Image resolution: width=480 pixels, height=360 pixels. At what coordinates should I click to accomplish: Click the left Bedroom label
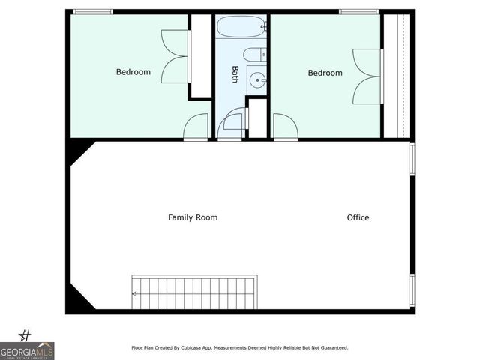coord(133,72)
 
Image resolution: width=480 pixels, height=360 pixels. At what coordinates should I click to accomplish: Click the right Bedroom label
coord(325,73)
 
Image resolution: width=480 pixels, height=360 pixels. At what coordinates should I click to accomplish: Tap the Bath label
coord(235,73)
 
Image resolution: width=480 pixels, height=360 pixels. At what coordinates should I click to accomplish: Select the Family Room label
coord(193,217)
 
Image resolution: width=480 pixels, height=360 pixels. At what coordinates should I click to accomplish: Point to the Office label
coord(358,217)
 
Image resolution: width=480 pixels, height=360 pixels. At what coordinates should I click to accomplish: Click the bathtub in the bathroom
coord(241,27)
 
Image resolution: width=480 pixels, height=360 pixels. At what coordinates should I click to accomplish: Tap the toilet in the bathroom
coord(254,54)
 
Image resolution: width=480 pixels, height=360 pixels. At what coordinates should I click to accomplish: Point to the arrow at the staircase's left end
coord(135,294)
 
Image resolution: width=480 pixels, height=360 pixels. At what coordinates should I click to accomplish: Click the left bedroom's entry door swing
coord(196,127)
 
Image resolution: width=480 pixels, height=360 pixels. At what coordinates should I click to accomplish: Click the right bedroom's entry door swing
coord(284,127)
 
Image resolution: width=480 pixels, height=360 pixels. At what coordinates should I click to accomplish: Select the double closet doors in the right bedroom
coord(368,76)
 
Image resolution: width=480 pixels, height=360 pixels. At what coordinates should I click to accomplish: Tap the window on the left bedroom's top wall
coord(92,11)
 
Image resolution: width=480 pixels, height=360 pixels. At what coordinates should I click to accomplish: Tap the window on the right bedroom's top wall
coord(358,11)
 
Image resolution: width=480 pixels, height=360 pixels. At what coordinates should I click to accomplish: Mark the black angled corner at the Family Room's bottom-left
coord(76,301)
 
